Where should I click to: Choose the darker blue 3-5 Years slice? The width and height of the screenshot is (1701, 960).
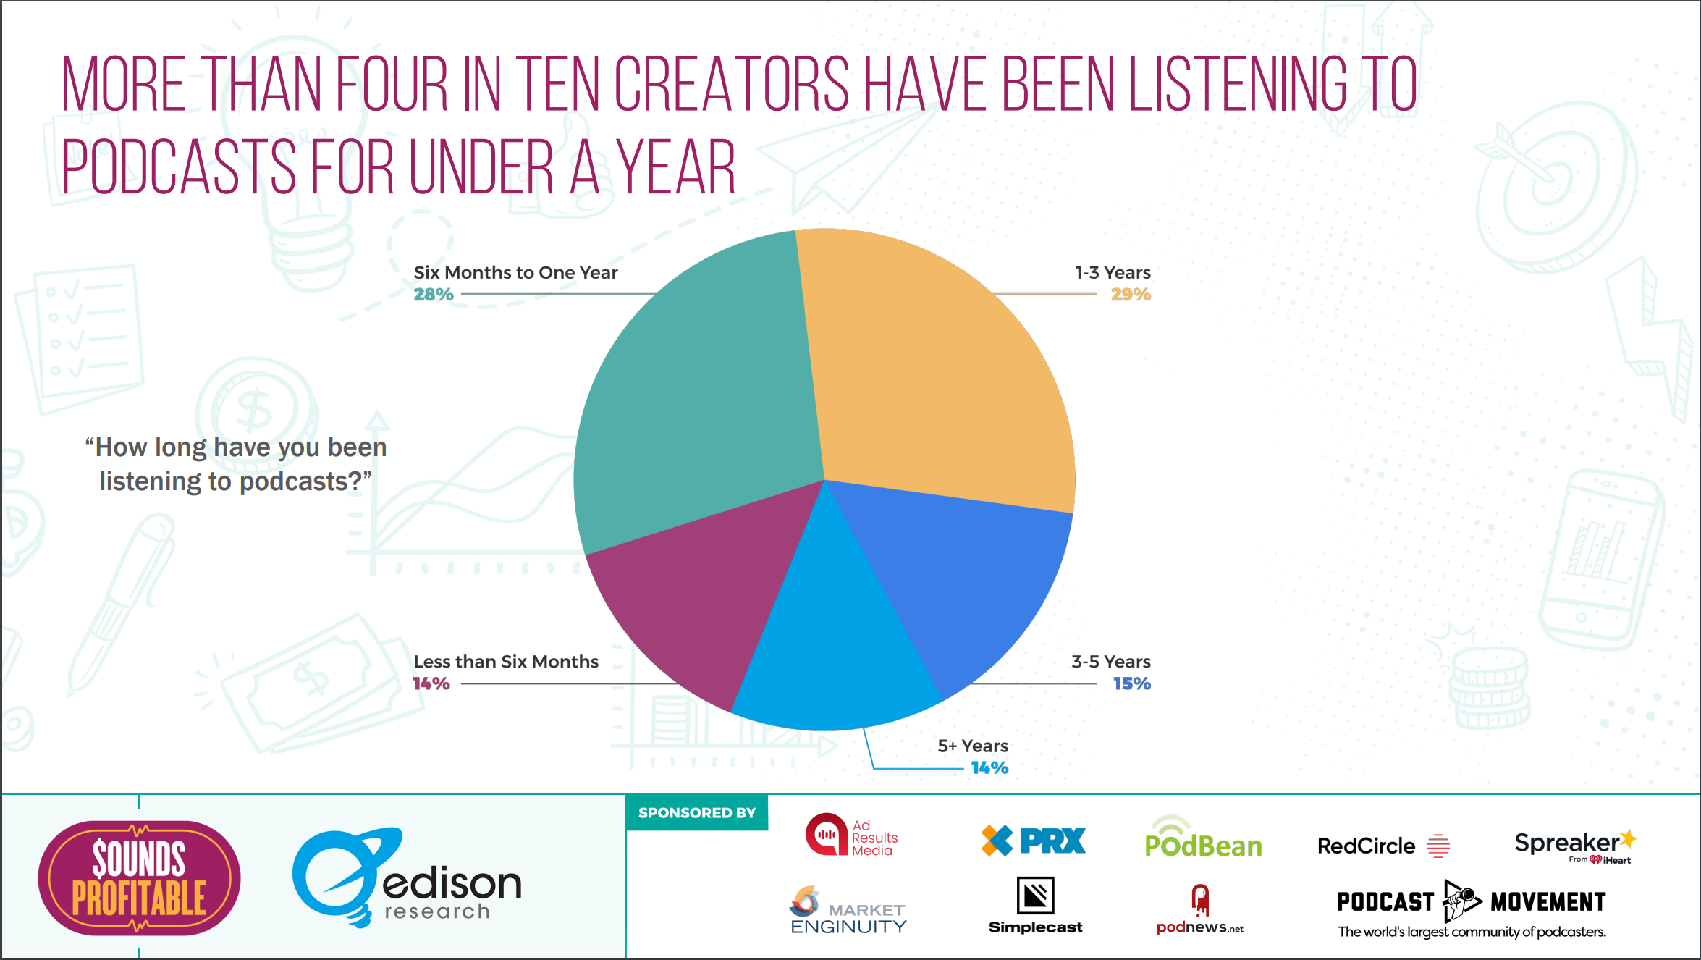pos(963,579)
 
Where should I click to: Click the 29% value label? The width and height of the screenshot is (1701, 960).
pos(1131,295)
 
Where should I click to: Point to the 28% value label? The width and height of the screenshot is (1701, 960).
pos(434,295)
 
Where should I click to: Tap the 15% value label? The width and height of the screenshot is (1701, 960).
pos(1132,683)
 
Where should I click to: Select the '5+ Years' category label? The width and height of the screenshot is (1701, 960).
pos(973,746)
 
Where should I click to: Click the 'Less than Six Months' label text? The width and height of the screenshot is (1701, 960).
pos(506,662)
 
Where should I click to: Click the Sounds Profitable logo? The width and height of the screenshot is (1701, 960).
pos(139,877)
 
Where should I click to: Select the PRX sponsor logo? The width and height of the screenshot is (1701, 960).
pos(1034,841)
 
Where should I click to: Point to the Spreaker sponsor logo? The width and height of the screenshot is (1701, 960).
pos(1574,846)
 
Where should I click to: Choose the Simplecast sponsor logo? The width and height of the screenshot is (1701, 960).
pos(1035,905)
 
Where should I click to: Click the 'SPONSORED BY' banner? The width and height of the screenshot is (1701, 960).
pos(696,813)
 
